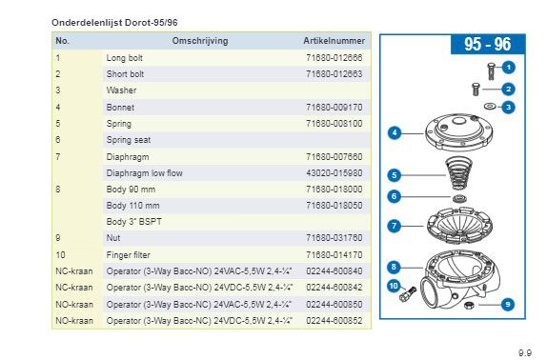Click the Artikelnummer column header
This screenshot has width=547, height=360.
click(x=334, y=41)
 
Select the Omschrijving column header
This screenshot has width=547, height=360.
click(x=200, y=41)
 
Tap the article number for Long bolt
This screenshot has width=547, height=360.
click(x=334, y=57)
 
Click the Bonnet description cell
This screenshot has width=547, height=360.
click(x=120, y=108)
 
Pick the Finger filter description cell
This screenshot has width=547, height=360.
click(x=128, y=255)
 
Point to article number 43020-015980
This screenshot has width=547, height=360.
click(x=334, y=173)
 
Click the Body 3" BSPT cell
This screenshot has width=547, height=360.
click(x=134, y=222)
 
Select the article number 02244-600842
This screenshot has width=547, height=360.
click(x=334, y=288)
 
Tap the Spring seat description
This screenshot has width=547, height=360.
click(x=129, y=140)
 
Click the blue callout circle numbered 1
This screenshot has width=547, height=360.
click(x=508, y=68)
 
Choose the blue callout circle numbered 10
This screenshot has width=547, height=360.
click(x=394, y=286)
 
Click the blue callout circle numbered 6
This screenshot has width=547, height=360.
click(x=395, y=196)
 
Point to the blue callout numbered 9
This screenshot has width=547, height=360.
click(x=508, y=305)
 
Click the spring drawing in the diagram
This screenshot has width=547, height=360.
click(x=458, y=173)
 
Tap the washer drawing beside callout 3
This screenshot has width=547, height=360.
click(x=490, y=106)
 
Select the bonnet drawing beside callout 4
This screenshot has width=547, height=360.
click(x=458, y=131)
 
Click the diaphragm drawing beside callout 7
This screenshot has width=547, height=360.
click(x=459, y=225)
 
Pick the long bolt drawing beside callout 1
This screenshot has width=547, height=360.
click(x=491, y=71)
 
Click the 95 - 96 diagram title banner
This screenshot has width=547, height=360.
click(x=487, y=44)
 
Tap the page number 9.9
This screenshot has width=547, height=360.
click(x=525, y=352)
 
